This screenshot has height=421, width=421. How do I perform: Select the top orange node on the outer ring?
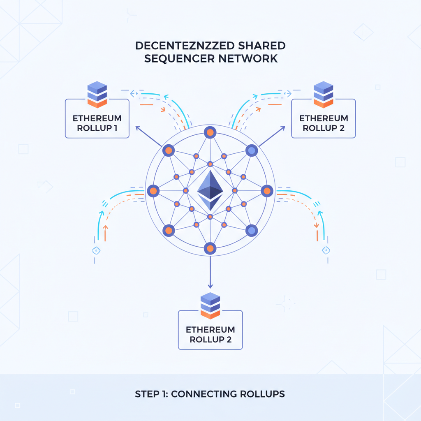(x=210, y=133)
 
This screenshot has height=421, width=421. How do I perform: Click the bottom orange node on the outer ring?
(x=210, y=248)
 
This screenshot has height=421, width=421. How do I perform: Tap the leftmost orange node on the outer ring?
(x=153, y=191)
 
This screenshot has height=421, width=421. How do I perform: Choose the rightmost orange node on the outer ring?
(x=267, y=191)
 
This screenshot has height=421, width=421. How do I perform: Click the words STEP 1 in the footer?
(x=150, y=394)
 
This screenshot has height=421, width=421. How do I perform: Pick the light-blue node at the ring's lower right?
(x=251, y=231)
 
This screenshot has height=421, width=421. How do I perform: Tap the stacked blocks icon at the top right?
(x=323, y=93)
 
